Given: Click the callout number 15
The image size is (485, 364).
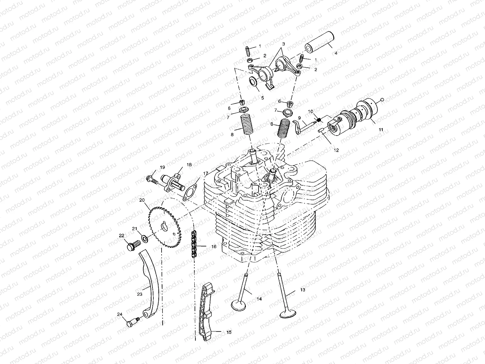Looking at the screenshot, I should [229, 332].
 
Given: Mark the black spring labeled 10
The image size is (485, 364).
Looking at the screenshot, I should [319, 120].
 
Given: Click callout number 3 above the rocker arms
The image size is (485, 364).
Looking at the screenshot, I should [283, 44].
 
